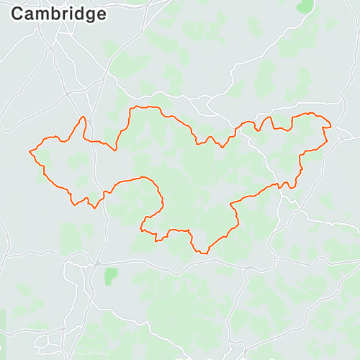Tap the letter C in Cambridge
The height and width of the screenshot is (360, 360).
pyautogui.click(x=19, y=14)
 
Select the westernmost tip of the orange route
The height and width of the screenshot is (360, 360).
pyautogui.click(x=30, y=151)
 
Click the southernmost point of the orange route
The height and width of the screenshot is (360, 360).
pyautogui.click(x=202, y=253)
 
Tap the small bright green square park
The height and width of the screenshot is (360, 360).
pyautogui.click(x=110, y=275)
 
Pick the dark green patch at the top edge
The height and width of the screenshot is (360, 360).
pyautogui.click(x=306, y=5)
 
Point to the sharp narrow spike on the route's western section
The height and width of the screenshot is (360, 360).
pyautogui.click(x=84, y=119)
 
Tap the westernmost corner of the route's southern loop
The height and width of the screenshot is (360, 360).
pyautogui.click(x=142, y=230)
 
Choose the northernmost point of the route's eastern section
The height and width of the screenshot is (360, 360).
pyautogui.click(x=311, y=113)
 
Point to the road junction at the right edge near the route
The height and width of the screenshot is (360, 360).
pyautogui.click(x=346, y=135)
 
